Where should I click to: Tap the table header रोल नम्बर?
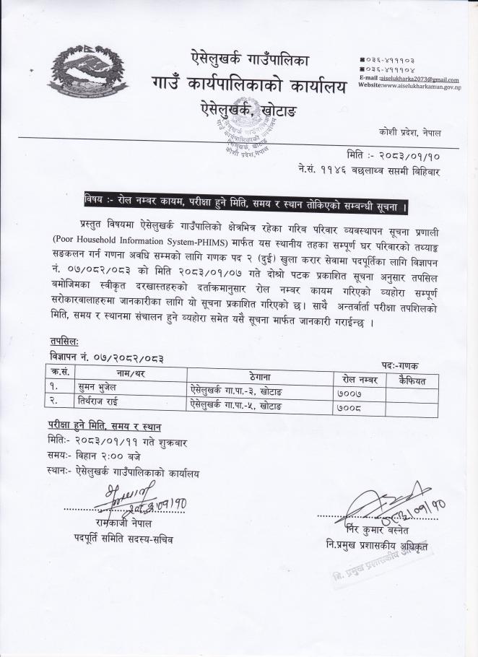tap(358, 378)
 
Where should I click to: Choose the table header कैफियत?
tap(411, 378)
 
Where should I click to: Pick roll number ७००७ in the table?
tap(349, 393)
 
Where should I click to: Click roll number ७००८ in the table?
tap(349, 407)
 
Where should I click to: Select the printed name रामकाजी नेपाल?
tap(121, 522)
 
